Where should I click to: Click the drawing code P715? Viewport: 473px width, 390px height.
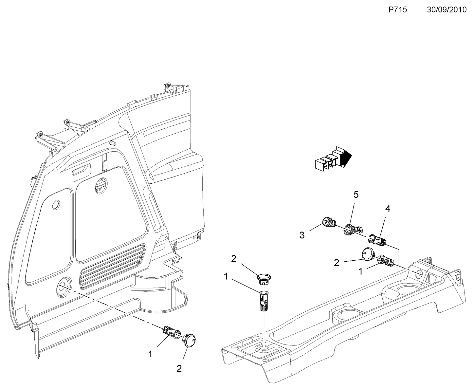pos(397,10)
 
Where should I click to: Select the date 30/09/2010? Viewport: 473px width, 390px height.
pos(446,10)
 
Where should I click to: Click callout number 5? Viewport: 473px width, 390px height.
pos(356,195)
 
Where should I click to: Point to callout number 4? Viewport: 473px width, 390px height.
pos(387,209)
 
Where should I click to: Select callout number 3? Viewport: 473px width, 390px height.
pos(302,235)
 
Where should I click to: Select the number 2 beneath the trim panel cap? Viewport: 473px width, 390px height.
pos(179,368)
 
